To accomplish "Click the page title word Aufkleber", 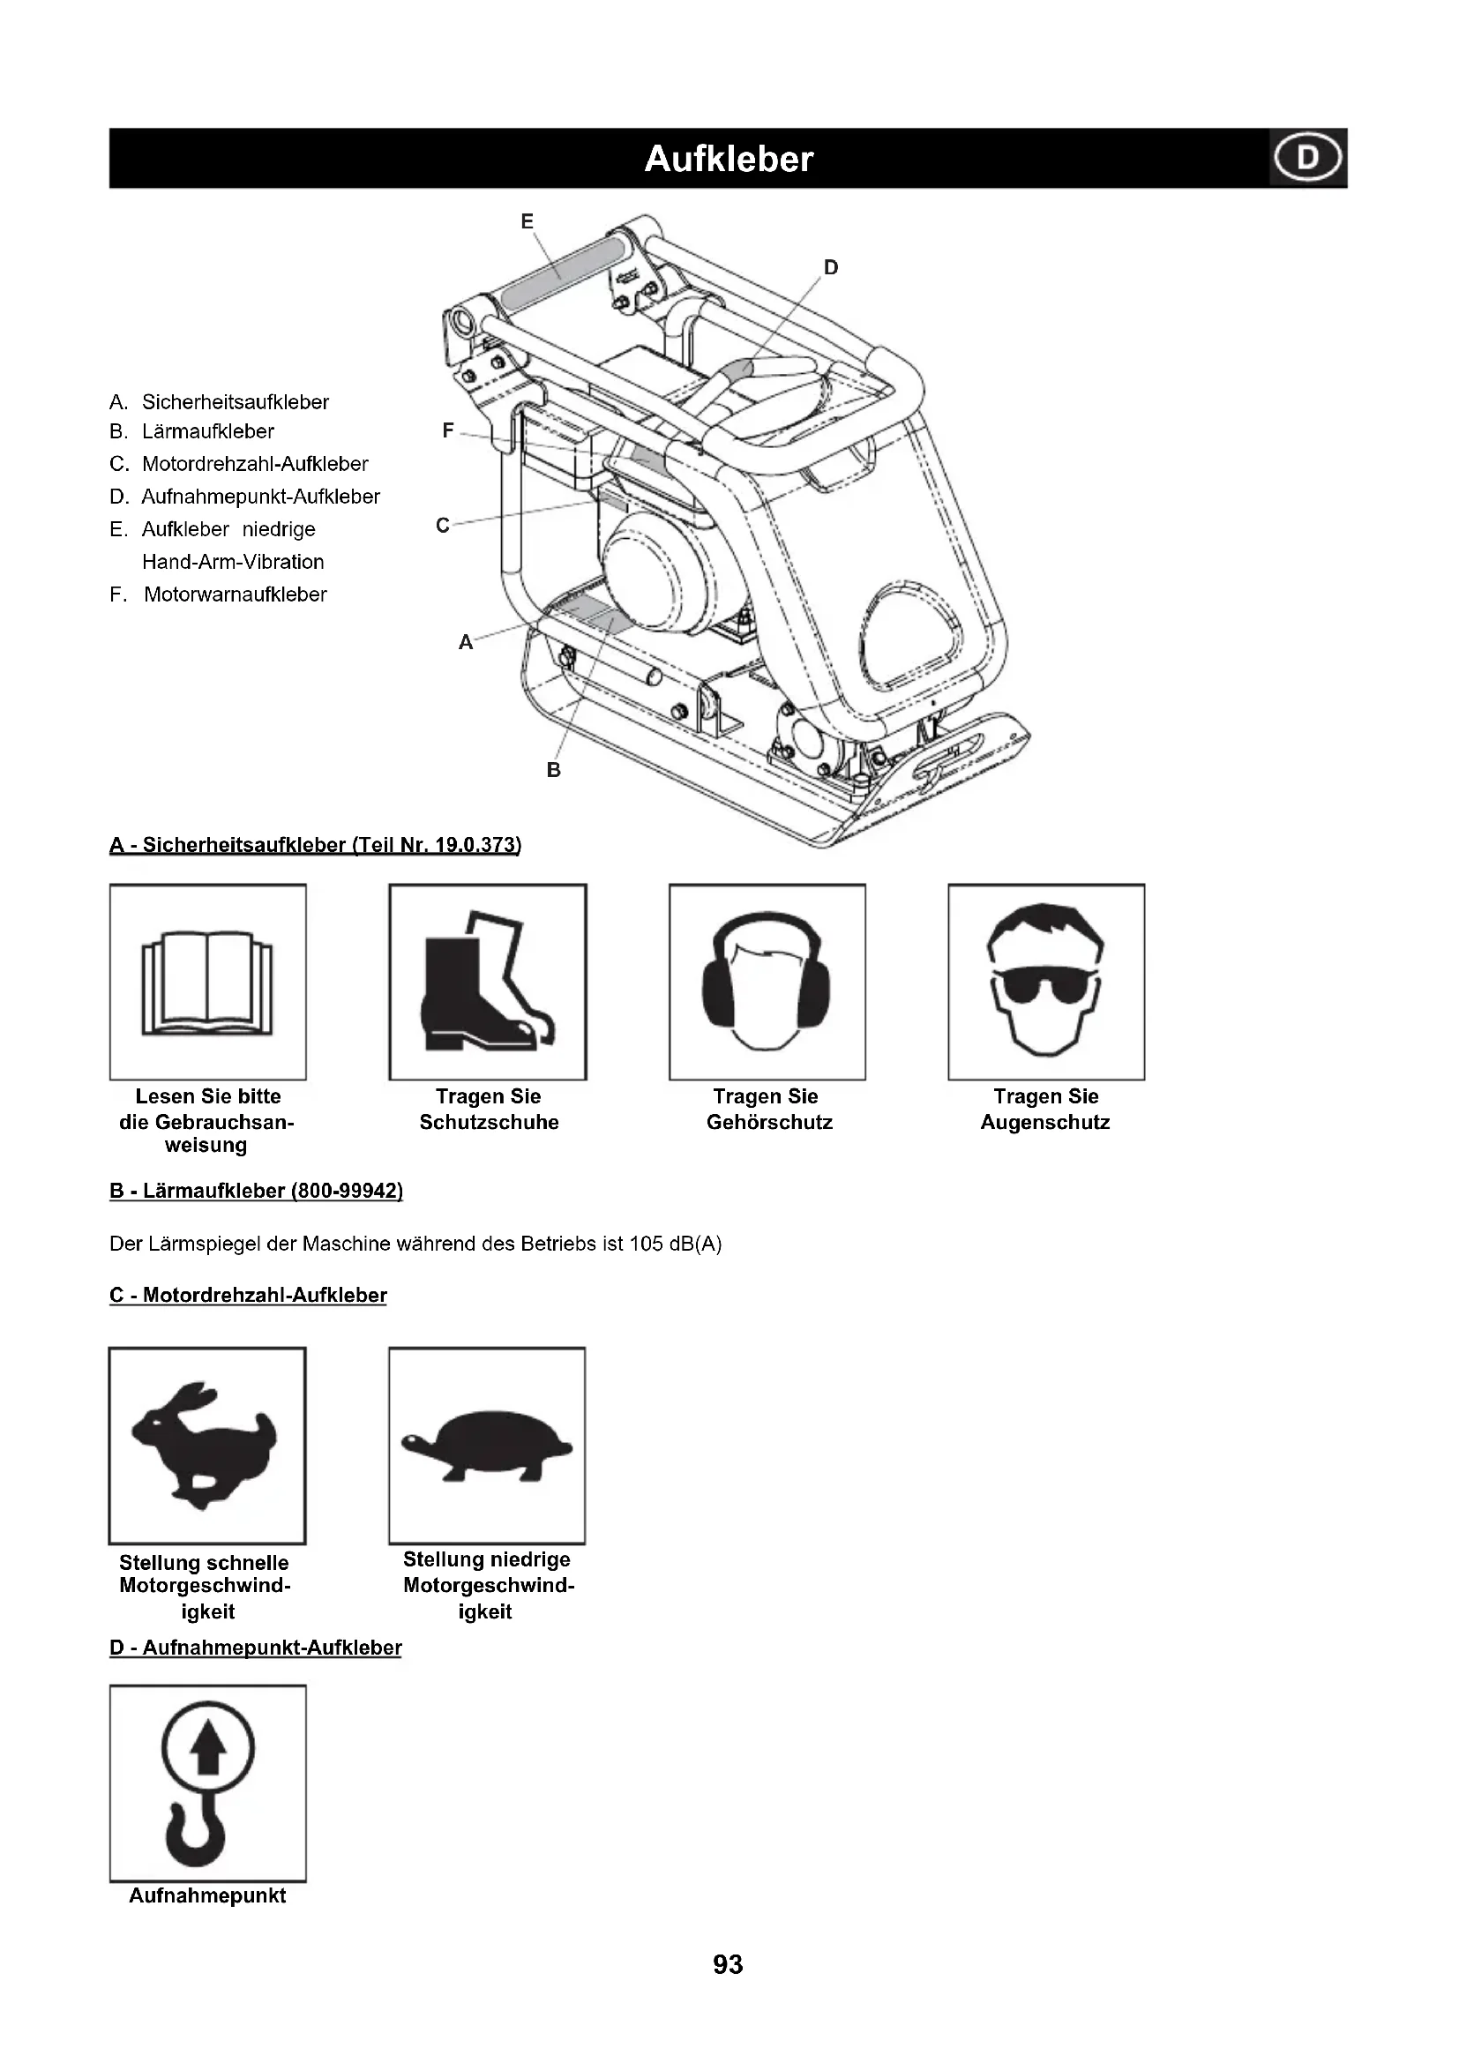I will (729, 159).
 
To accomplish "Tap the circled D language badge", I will (1307, 158).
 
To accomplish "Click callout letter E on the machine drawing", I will (527, 221).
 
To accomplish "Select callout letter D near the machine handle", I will (831, 267).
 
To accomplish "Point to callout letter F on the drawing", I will (448, 430).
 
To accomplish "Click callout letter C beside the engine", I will (442, 526).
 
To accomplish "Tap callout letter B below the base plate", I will (553, 770).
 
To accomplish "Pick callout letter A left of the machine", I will (466, 642).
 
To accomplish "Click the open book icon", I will (207, 982).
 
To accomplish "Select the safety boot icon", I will (488, 982).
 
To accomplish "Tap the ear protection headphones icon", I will (767, 982).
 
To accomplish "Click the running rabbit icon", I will (206, 1446).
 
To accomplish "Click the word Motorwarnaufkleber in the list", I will (236, 594).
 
